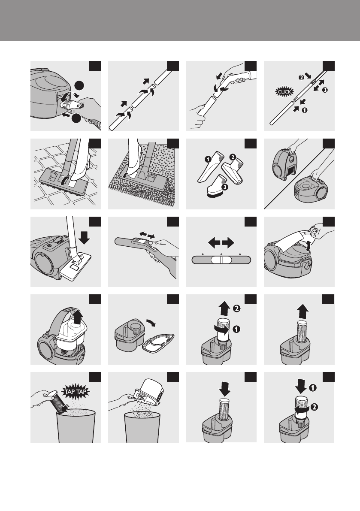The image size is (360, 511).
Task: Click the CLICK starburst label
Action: click(284, 92)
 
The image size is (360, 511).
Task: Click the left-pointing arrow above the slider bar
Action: click(214, 242)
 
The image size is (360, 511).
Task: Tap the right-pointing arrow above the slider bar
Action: click(228, 242)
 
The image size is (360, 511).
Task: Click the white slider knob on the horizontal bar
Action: click(221, 260)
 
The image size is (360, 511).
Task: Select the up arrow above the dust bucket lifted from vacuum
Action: click(77, 317)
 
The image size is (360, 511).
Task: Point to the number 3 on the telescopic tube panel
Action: click(324, 90)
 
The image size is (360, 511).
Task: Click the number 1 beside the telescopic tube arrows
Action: click(304, 110)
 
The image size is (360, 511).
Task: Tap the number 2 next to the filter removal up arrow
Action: click(237, 308)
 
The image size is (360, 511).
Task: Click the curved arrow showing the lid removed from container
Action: click(151, 323)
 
